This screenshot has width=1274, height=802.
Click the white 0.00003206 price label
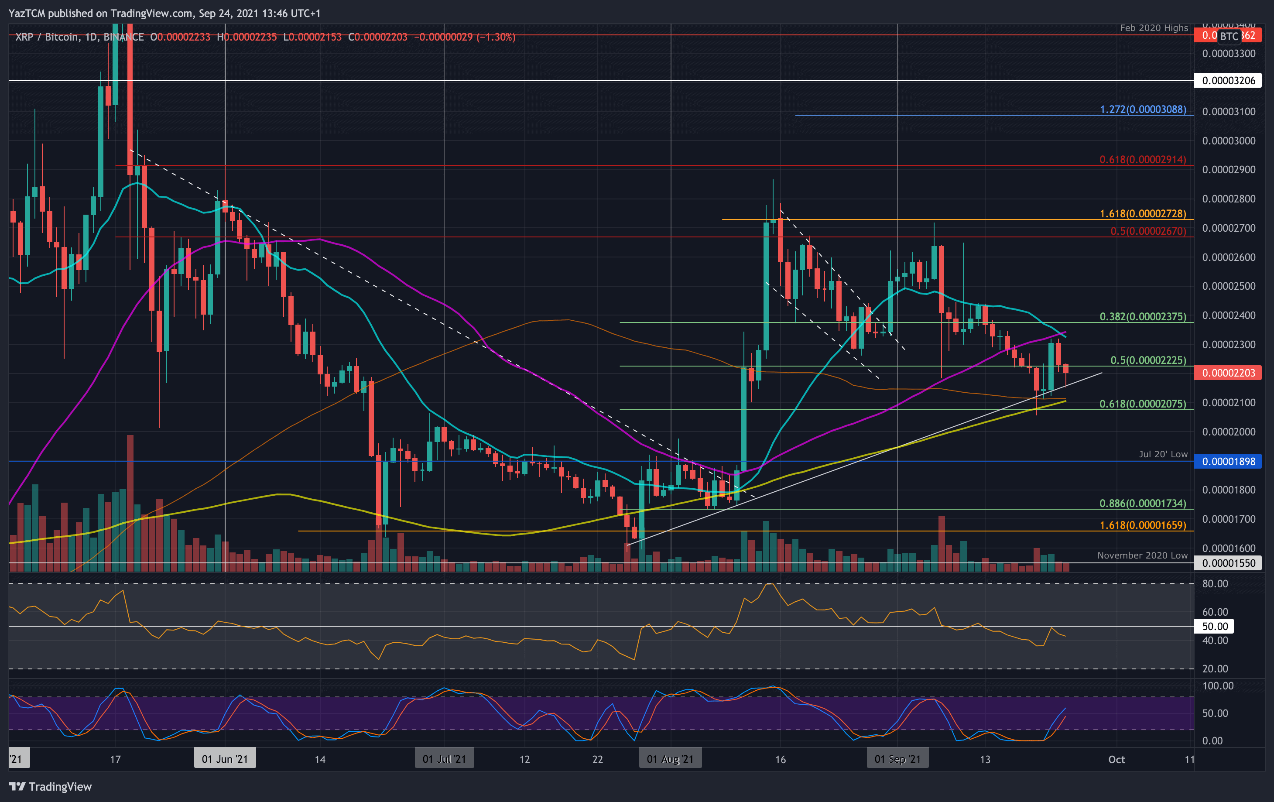(x=1228, y=80)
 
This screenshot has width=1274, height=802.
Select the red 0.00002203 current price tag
(x=1228, y=373)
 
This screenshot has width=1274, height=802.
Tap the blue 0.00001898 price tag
(x=1228, y=461)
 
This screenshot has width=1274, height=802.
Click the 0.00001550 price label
(x=1228, y=563)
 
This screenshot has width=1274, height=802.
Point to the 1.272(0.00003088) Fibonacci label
(x=1143, y=110)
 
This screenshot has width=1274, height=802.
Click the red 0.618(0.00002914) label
(x=1143, y=159)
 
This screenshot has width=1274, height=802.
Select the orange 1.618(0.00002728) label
(x=1143, y=214)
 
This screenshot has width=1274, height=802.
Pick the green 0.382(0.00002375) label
(x=1143, y=316)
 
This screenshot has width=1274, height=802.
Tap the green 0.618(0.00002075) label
(x=1143, y=404)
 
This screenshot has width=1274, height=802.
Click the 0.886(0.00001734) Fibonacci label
(x=1143, y=503)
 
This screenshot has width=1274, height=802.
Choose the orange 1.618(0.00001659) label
(x=1143, y=525)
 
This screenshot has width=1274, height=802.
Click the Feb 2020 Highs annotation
(x=1154, y=28)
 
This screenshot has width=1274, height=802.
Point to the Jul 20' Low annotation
(x=1163, y=454)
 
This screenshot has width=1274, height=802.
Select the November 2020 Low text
(x=1142, y=555)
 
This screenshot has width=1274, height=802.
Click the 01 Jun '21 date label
(x=225, y=759)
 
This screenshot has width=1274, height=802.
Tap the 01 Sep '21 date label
(x=897, y=759)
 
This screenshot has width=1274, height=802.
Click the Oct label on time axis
(x=1116, y=759)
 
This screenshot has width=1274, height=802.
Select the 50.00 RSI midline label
(x=1215, y=626)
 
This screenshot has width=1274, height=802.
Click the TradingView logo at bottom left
(x=50, y=786)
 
